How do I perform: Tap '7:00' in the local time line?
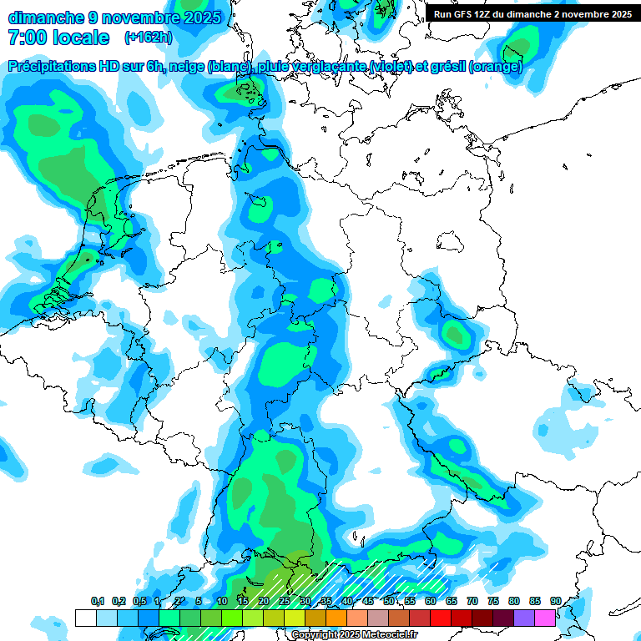click(26, 38)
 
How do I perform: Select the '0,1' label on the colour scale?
click(97, 601)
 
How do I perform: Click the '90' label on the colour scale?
click(556, 601)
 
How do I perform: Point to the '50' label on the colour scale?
click(389, 601)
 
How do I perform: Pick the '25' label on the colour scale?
click(285, 601)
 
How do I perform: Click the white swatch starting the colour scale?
click(85, 618)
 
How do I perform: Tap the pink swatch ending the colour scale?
click(545, 618)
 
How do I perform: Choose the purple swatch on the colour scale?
click(524, 618)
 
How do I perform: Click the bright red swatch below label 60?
click(441, 618)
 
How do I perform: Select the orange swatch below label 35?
click(336, 618)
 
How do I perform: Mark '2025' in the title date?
click(202, 18)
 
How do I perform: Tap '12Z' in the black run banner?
click(485, 14)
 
